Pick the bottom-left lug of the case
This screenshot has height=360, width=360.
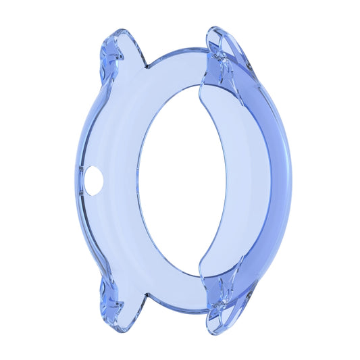pos(120,307)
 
